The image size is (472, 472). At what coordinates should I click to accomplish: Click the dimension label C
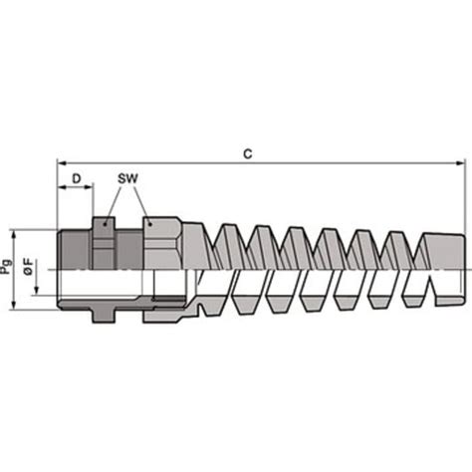click(247, 153)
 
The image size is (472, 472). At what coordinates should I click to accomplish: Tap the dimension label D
click(76, 179)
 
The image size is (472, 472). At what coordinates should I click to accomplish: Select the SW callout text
click(126, 179)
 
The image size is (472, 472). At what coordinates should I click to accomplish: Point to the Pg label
click(8, 266)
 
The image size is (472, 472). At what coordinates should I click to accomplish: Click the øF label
click(32, 267)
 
